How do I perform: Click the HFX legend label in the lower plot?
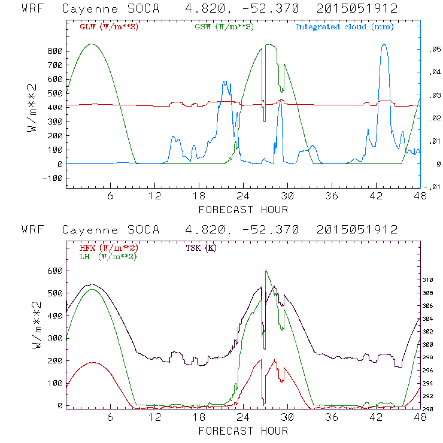[x=108, y=247]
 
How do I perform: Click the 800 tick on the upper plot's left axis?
[x=54, y=51]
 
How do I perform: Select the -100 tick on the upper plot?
[x=51, y=178]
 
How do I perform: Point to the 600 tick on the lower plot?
[x=54, y=271]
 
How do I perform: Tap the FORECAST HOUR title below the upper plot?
[x=243, y=210]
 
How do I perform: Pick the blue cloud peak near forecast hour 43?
[x=384, y=44]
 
